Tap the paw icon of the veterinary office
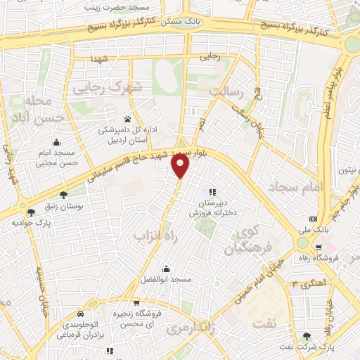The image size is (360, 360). tap(127, 119)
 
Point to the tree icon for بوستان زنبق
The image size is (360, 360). tap(63, 195)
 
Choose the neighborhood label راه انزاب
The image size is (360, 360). tap(154, 237)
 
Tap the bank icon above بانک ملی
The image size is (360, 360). tap(314, 218)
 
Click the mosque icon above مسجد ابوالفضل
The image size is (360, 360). tap(165, 269)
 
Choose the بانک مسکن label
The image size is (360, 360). tap(181, 22)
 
